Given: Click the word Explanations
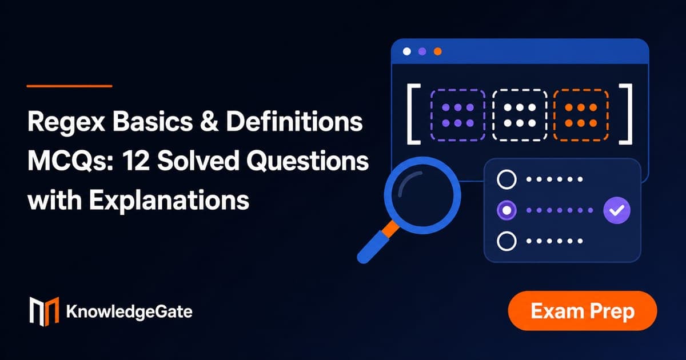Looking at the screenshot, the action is click(x=169, y=201).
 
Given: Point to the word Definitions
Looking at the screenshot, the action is click(x=294, y=121).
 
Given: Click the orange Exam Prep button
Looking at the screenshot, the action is click(x=583, y=311).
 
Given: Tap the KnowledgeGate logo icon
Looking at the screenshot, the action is click(x=44, y=311).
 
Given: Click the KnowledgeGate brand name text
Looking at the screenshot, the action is click(x=129, y=312).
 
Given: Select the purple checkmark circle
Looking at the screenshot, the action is click(x=617, y=210).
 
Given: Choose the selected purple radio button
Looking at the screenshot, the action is click(x=506, y=210).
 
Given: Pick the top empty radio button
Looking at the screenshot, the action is click(x=506, y=179).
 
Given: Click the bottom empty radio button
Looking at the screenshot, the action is click(x=506, y=241).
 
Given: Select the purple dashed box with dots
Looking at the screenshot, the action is click(x=458, y=115).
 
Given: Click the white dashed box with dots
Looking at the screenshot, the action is click(x=520, y=115).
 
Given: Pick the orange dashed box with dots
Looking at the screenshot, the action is click(x=581, y=115).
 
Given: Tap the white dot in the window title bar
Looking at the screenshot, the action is click(x=406, y=51).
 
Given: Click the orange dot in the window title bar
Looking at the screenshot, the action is click(x=438, y=51).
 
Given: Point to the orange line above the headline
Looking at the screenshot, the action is click(x=70, y=86).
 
